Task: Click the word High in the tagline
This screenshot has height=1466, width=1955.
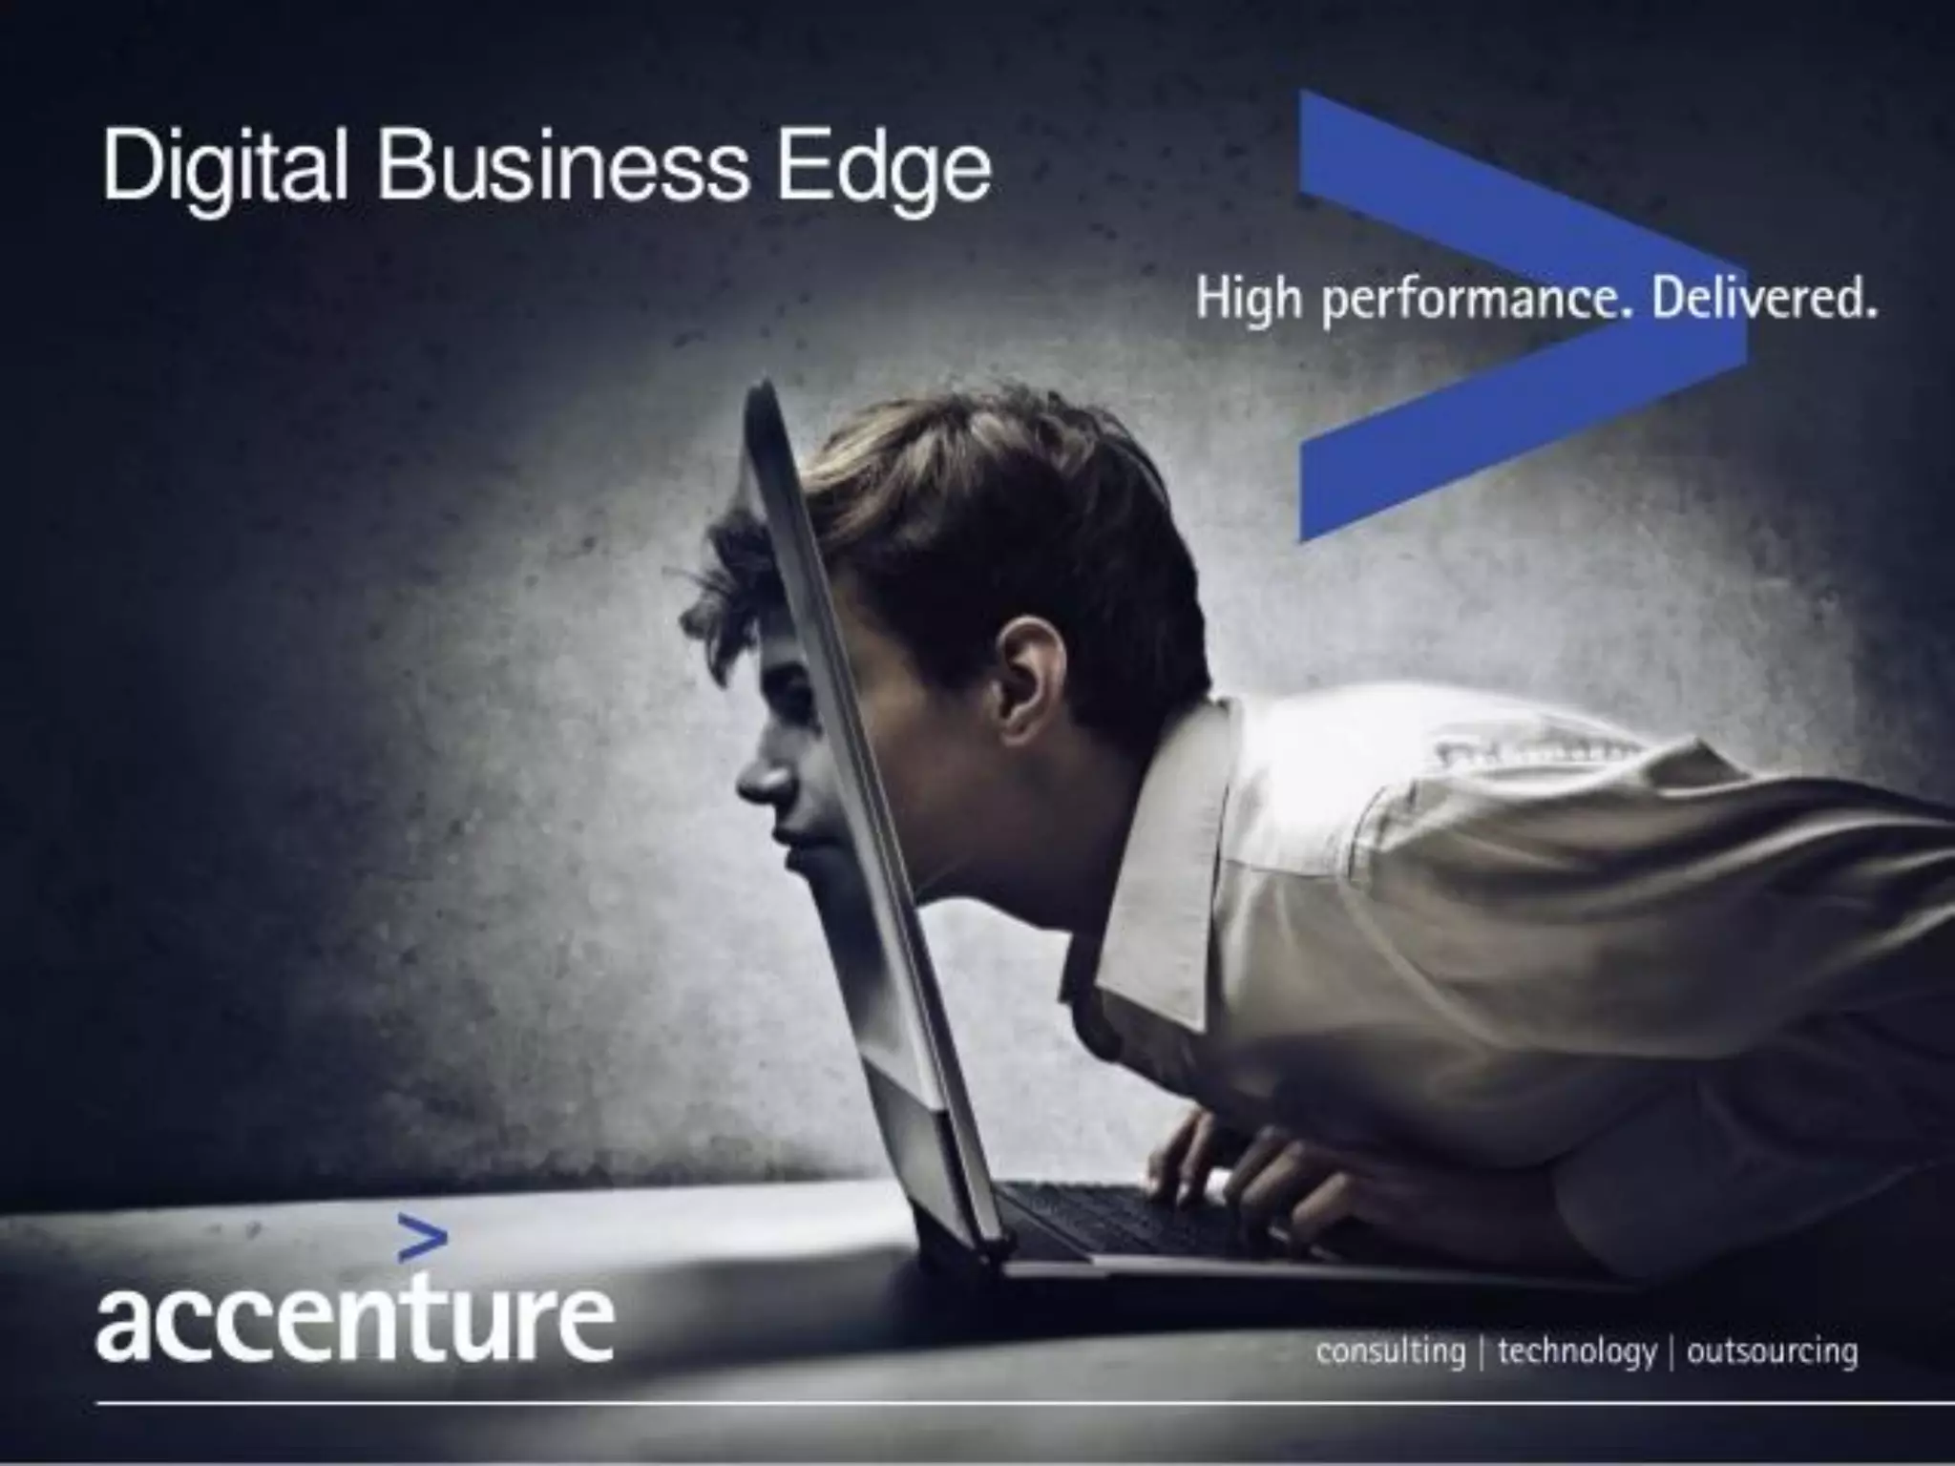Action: click(1250, 299)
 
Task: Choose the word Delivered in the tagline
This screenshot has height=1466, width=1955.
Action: click(1764, 299)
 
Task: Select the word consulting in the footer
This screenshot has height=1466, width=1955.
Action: click(1390, 1351)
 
